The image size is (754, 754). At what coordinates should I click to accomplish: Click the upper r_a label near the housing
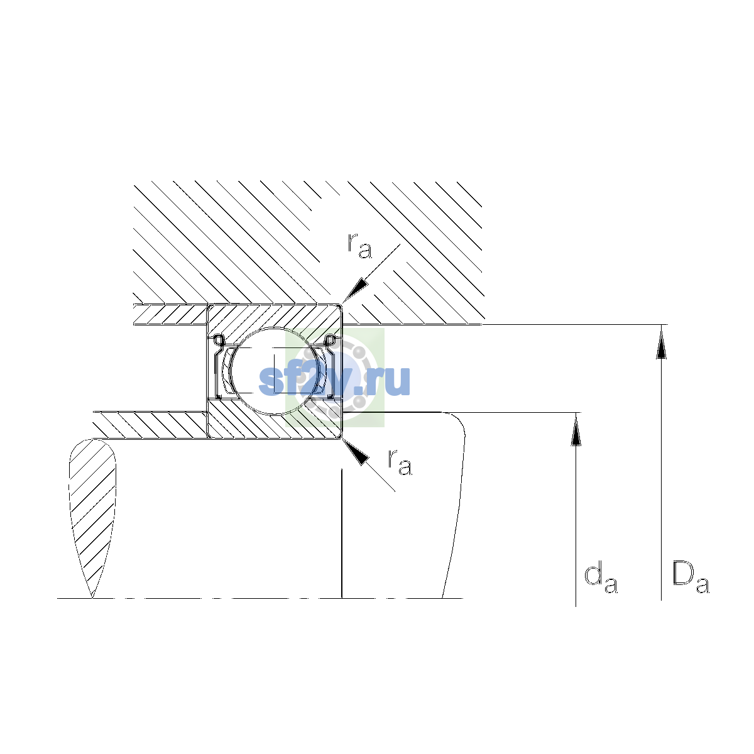(359, 246)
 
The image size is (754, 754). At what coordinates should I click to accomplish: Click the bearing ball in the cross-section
(275, 371)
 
